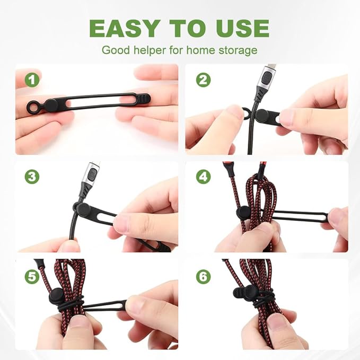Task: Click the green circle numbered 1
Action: click(33, 81)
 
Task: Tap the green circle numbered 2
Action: click(203, 81)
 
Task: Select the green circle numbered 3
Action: click(33, 177)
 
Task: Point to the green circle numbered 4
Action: click(203, 177)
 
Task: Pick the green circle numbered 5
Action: click(33, 276)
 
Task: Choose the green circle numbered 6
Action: click(203, 276)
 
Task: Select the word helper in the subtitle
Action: click(145, 51)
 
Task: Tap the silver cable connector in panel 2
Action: click(266, 84)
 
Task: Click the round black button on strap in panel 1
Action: click(52, 105)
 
